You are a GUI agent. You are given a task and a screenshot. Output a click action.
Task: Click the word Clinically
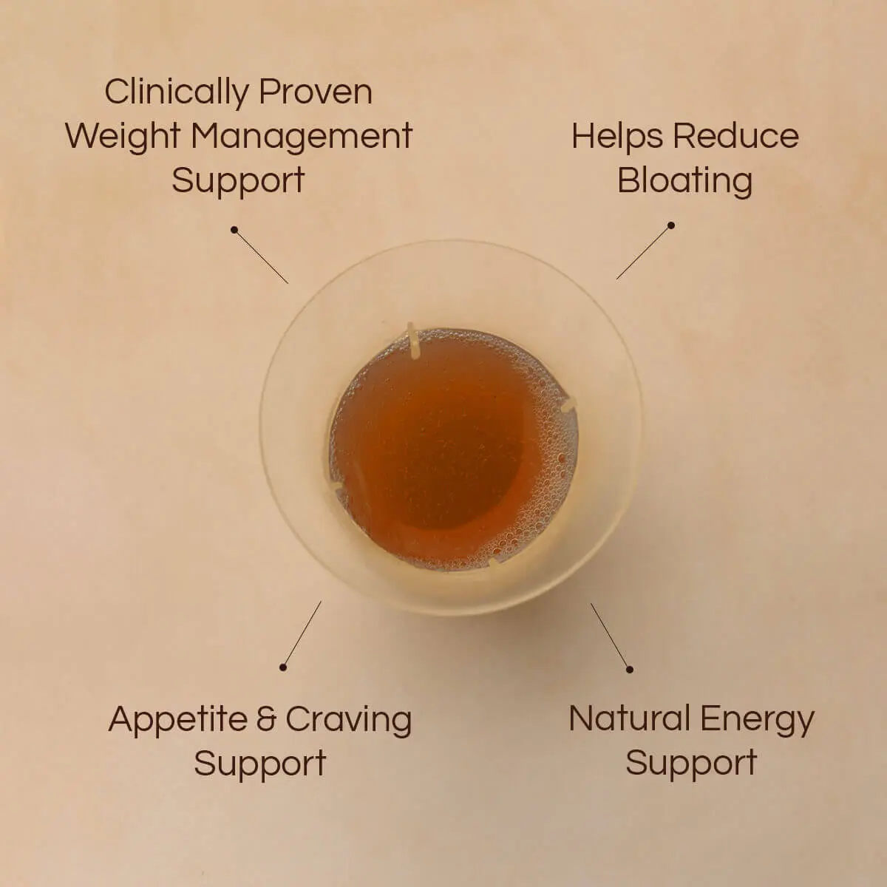coord(177,93)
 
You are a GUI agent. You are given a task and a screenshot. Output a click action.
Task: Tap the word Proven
coord(316,92)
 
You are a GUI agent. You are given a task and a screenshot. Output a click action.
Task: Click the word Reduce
coord(735,136)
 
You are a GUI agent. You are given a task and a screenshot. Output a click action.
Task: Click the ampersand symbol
coord(267,719)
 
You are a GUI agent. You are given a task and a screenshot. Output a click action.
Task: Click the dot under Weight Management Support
coord(234,229)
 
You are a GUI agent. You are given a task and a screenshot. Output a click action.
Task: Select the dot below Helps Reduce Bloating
coord(671,225)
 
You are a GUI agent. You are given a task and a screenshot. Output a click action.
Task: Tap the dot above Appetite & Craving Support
coord(283,667)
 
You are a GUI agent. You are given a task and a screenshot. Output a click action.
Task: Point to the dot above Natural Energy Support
coord(630,670)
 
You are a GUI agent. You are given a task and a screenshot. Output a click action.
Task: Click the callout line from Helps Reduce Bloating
coord(644,253)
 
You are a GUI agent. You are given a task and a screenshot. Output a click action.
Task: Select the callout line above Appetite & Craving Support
coord(302,634)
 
